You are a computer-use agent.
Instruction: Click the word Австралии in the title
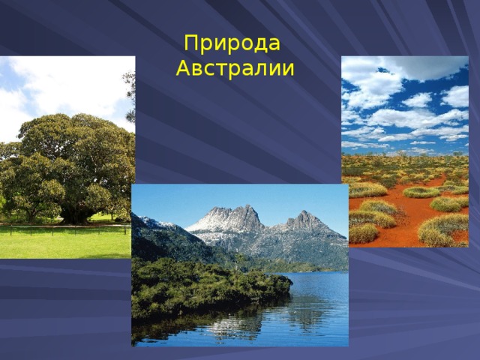[234, 70]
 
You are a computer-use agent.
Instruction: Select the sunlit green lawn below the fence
[60, 244]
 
